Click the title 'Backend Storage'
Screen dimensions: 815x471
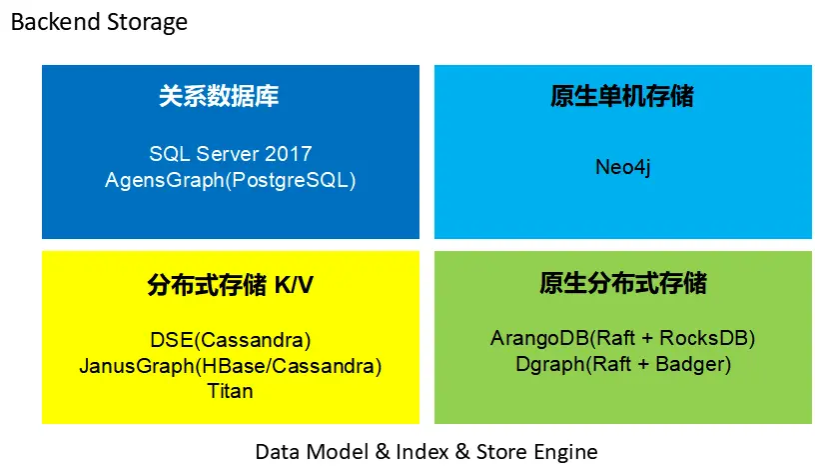tap(99, 22)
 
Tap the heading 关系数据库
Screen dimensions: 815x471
tap(219, 97)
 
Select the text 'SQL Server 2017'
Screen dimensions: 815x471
tap(231, 154)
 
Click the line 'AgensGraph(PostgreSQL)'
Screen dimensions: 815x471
tap(231, 180)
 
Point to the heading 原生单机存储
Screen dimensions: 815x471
tap(622, 97)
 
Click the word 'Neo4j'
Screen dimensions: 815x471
tap(623, 167)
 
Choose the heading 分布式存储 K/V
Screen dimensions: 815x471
tap(231, 285)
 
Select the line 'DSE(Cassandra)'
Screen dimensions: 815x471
tap(231, 338)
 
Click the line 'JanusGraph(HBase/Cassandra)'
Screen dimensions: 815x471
tap(231, 365)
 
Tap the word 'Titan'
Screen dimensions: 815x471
tap(231, 391)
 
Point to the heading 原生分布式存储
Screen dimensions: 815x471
tap(623, 284)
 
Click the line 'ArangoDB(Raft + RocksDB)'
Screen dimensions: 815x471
tap(623, 338)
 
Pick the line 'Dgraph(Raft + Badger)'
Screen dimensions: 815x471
tap(623, 365)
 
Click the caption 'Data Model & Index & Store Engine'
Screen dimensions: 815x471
tap(426, 451)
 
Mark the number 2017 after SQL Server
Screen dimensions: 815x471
tap(289, 154)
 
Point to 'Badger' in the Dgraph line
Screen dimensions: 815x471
tap(692, 365)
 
